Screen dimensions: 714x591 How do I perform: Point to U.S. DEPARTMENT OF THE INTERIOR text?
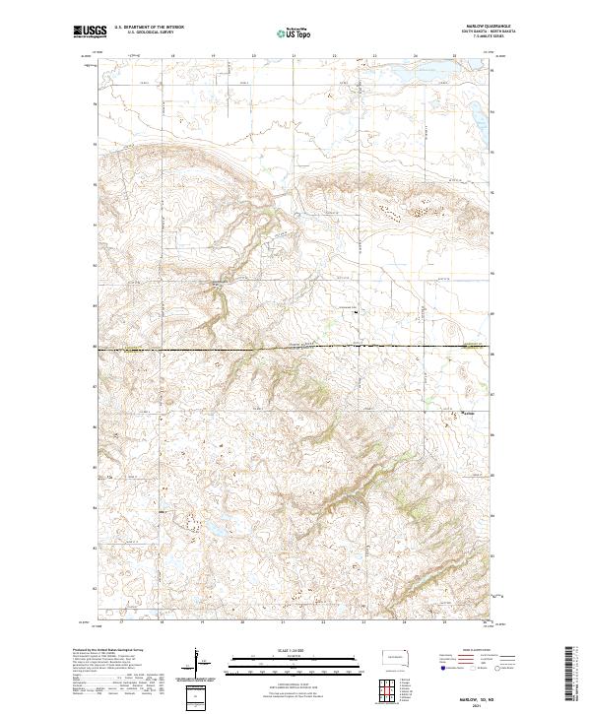(x=149, y=28)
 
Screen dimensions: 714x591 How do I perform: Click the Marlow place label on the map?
(x=470, y=414)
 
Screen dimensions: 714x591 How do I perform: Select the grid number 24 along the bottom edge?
(x=404, y=621)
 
